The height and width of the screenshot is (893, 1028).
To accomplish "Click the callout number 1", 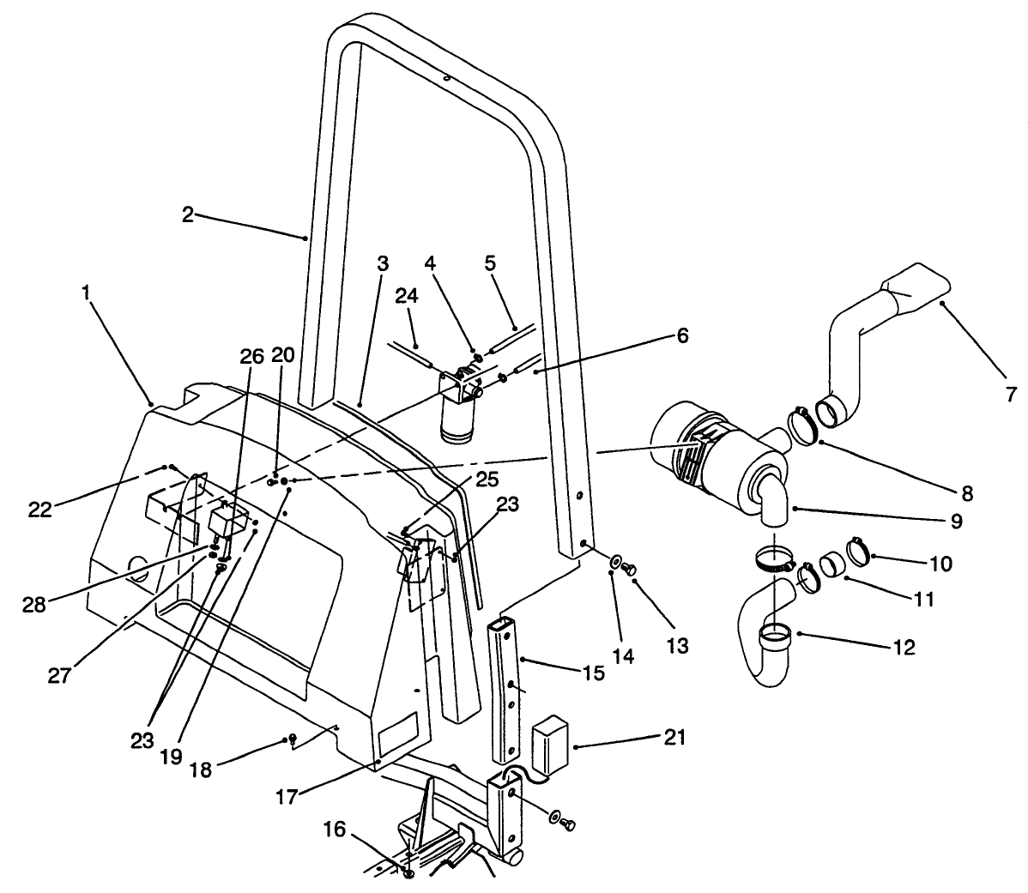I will pyautogui.click(x=86, y=293).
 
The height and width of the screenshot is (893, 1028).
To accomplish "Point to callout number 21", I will pyautogui.click(x=675, y=737).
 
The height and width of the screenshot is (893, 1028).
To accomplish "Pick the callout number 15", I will pyautogui.click(x=592, y=673).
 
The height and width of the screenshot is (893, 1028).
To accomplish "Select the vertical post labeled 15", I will pyautogui.click(x=505, y=686).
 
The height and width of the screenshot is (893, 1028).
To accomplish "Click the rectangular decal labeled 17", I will pyautogui.click(x=396, y=733).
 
